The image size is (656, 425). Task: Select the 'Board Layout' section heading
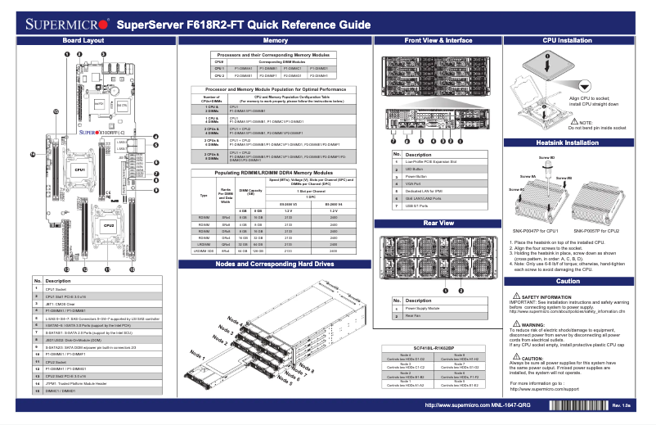coord(83,40)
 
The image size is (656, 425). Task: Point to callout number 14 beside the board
coord(33,154)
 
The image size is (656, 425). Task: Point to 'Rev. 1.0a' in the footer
coord(621,405)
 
